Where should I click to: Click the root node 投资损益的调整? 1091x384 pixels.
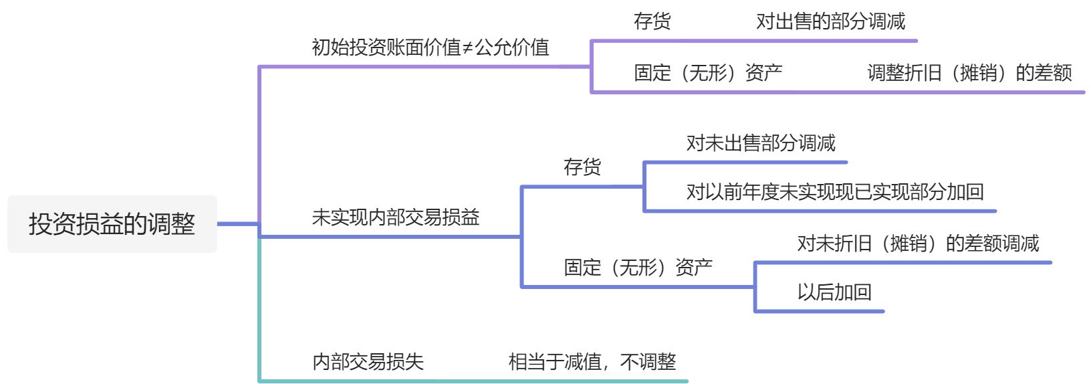[112, 224]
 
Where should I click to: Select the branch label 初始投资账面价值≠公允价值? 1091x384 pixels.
[430, 47]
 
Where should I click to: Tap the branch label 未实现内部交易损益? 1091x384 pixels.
[395, 217]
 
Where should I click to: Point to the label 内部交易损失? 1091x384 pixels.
[368, 362]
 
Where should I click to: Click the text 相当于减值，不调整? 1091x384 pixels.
[592, 362]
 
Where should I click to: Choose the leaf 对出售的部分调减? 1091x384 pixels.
[830, 21]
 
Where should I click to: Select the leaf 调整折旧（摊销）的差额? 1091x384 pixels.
[969, 73]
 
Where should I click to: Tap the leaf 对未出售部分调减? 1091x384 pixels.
[761, 143]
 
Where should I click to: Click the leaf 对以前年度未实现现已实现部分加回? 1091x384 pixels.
[834, 193]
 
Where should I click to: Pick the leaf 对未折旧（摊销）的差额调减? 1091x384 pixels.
[918, 244]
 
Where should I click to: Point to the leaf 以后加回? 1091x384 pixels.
[834, 292]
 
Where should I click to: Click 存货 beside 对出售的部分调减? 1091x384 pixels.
[652, 21]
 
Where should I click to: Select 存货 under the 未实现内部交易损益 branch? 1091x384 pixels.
[582, 167]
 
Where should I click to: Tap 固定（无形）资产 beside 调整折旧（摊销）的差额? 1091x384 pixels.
[708, 73]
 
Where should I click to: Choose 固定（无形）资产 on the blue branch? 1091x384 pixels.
[638, 268]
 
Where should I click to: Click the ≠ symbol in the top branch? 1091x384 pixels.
[467, 48]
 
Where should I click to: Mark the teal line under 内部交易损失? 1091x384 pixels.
[468, 381]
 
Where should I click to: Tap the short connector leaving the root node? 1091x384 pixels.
[237, 224]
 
